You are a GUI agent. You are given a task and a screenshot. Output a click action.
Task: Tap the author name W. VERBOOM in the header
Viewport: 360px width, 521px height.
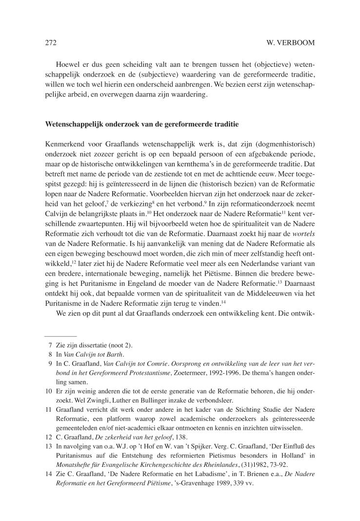tap(291, 43)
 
